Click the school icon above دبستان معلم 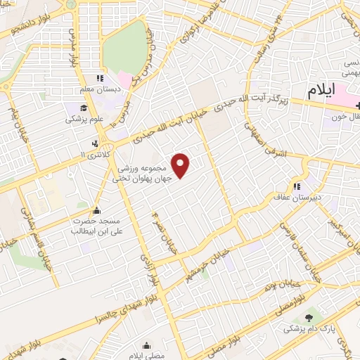point(101,78)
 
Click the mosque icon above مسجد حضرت point(97,210)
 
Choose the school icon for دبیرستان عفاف point(297,186)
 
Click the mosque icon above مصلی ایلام point(146,346)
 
